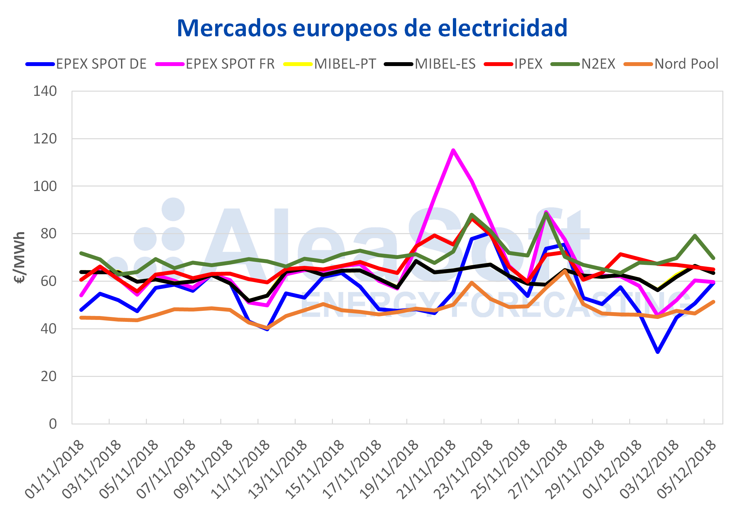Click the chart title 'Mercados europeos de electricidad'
(x=372, y=28)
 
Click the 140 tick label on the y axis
(x=45, y=91)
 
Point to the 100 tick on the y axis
(x=45, y=187)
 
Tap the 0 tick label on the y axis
(x=52, y=424)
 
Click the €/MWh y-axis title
(x=20, y=257)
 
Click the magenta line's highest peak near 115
(x=453, y=150)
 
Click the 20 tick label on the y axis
(x=49, y=377)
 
